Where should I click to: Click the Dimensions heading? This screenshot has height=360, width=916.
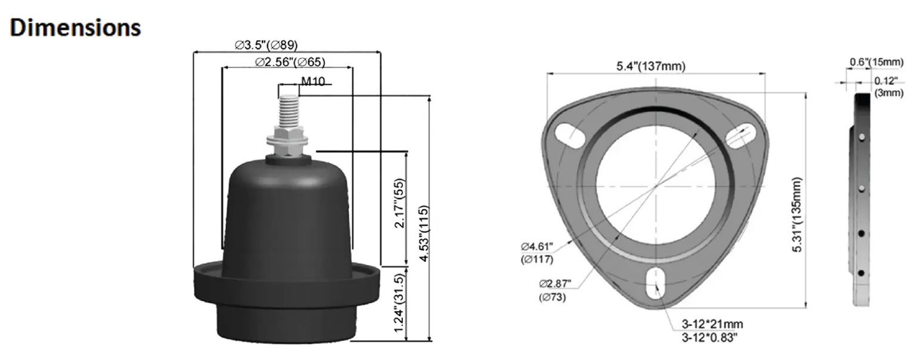click(75, 27)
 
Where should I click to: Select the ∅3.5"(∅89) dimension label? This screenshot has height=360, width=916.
click(266, 45)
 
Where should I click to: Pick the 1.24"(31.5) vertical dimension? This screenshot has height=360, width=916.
click(400, 304)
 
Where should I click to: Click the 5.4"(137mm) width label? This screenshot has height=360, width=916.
click(651, 66)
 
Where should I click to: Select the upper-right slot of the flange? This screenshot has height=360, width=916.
click(739, 134)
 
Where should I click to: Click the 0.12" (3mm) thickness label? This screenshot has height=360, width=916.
click(889, 87)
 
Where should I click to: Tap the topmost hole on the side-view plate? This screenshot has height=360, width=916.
click(862, 137)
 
